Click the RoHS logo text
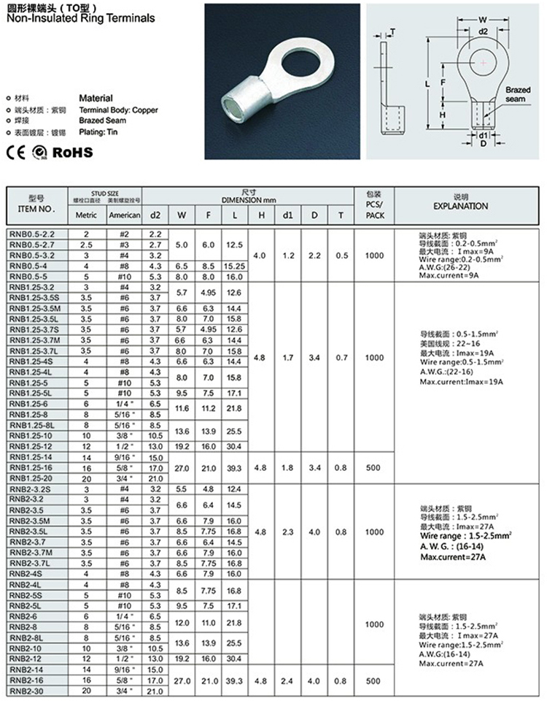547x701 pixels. coord(71,152)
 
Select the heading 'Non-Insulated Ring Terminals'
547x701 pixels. coord(79,18)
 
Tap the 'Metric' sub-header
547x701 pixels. coord(86,215)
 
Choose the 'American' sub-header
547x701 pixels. coord(124,215)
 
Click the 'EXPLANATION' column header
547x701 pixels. coord(460,207)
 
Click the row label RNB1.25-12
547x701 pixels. coord(33,446)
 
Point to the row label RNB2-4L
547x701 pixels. coord(29,586)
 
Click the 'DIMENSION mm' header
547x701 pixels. coord(250,199)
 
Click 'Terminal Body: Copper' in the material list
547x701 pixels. coord(118,110)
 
